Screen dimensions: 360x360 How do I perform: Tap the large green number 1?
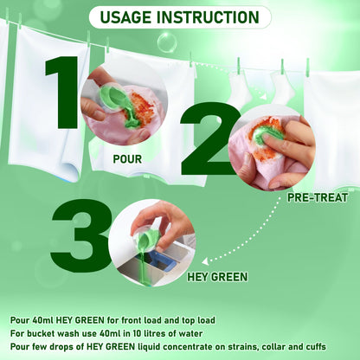tap(62, 93)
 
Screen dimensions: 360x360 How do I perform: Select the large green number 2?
tap(210, 138)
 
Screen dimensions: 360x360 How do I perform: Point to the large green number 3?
tap(81, 235)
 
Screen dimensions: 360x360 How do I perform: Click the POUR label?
tap(127, 159)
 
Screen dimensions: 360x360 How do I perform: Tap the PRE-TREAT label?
tap(318, 197)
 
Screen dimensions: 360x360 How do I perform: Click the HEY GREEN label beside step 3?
tap(217, 277)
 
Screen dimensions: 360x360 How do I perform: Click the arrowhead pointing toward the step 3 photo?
tap(205, 261)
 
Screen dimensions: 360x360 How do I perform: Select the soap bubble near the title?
tap(167, 42)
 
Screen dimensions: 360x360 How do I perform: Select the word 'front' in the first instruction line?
tap(132, 320)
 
